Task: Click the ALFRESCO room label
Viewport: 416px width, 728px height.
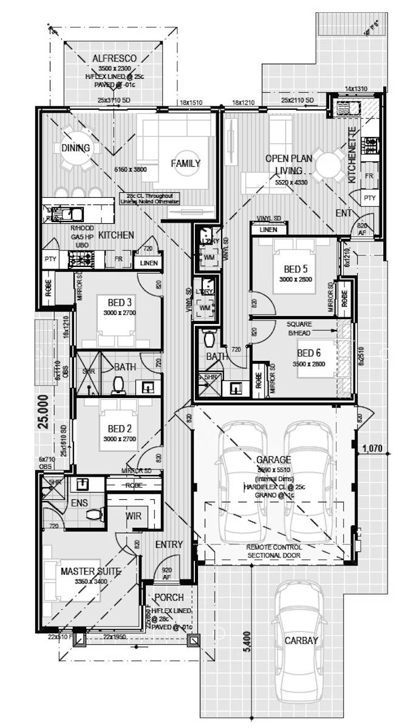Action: tap(114, 58)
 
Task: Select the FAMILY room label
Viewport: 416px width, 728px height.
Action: tap(185, 163)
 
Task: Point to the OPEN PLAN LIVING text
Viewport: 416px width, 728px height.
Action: tap(288, 164)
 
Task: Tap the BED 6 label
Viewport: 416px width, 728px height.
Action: tap(310, 353)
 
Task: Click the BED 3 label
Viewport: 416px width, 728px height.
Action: tap(120, 303)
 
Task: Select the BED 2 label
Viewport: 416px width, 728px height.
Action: tap(120, 429)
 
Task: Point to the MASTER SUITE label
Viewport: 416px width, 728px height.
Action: tap(90, 571)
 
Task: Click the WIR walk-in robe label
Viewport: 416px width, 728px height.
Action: tap(134, 516)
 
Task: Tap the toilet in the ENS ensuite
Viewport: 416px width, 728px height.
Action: tap(93, 514)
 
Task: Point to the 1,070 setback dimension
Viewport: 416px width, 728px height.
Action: tap(372, 449)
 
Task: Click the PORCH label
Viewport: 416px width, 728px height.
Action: tap(169, 598)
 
